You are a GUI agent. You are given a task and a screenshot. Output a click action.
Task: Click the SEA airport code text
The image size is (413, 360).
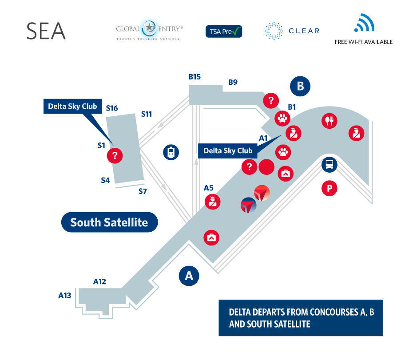click(x=46, y=31)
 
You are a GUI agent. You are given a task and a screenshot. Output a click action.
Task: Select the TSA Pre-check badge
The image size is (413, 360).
click(x=223, y=31)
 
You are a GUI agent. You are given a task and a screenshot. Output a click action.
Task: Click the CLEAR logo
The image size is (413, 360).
click(x=292, y=31)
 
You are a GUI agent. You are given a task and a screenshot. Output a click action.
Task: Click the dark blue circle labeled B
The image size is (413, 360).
click(x=300, y=86)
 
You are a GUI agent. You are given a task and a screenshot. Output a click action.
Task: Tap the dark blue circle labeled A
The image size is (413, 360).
click(x=189, y=276)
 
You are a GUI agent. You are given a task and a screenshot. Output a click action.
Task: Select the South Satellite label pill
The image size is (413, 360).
click(x=109, y=222)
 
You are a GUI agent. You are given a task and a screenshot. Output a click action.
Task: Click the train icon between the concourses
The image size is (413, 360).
click(x=171, y=152)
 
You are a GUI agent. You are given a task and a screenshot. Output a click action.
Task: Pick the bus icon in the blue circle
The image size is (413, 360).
click(x=330, y=165)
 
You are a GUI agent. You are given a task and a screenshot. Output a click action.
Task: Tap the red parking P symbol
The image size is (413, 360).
click(x=330, y=188)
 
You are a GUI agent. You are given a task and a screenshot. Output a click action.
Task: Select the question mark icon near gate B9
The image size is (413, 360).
click(x=271, y=100)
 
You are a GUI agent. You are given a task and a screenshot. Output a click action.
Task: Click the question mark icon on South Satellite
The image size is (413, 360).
click(x=115, y=155)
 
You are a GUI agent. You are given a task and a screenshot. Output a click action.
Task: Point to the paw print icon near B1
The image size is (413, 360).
click(x=283, y=118)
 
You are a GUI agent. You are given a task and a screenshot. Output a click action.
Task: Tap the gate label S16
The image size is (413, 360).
click(x=112, y=108)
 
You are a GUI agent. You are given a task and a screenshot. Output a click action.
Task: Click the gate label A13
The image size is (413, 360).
click(x=65, y=295)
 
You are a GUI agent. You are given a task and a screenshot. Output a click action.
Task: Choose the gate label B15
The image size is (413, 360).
click(x=195, y=77)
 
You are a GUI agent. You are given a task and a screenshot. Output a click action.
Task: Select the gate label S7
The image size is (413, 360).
click(x=143, y=192)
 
